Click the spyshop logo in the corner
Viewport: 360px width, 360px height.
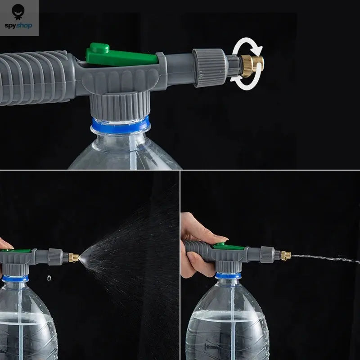coord(19,18)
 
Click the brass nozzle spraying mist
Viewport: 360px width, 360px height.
coord(74,258)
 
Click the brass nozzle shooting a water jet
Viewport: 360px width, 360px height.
coord(285,256)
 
